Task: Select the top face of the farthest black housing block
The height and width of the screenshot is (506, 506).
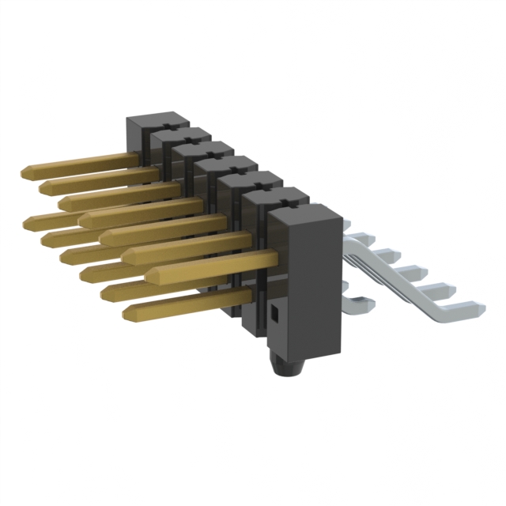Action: pyautogui.click(x=157, y=119)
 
